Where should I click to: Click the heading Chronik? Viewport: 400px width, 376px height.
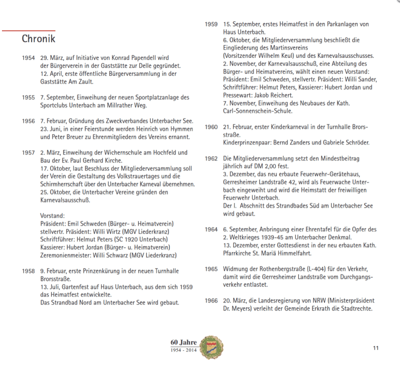click(x=39, y=39)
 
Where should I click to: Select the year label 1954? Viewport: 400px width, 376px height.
click(x=28, y=58)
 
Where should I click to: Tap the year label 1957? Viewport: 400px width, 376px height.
click(x=28, y=153)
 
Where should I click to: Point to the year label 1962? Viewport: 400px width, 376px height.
click(x=211, y=159)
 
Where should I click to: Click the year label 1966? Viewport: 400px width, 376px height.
click(x=211, y=301)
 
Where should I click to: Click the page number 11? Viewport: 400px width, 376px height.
click(x=376, y=348)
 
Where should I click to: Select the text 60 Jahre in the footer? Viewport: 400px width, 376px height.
click(x=183, y=342)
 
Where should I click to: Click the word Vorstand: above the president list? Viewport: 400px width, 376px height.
click(x=52, y=216)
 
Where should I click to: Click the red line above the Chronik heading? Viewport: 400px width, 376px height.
click(x=28, y=30)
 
